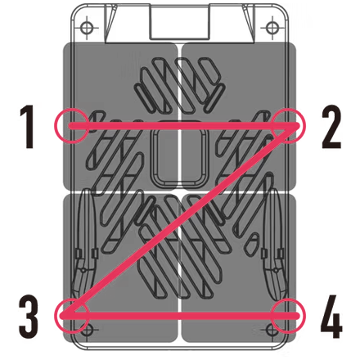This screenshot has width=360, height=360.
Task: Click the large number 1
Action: click(27, 127)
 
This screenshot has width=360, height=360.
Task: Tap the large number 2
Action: click(331, 127)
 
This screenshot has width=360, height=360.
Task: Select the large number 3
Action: click(29, 317)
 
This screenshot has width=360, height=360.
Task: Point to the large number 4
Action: click(331, 317)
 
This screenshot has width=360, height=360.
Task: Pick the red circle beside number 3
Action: click(58, 316)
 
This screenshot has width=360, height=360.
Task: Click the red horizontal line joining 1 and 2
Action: click(184, 126)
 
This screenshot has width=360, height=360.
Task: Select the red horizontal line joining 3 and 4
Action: click(180, 316)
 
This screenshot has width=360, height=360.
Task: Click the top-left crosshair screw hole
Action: click(87, 28)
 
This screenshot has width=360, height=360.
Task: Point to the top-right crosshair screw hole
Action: click(272, 28)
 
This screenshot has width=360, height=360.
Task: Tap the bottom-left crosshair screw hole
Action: click(87, 331)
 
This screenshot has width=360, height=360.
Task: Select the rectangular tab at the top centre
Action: click(179, 22)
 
